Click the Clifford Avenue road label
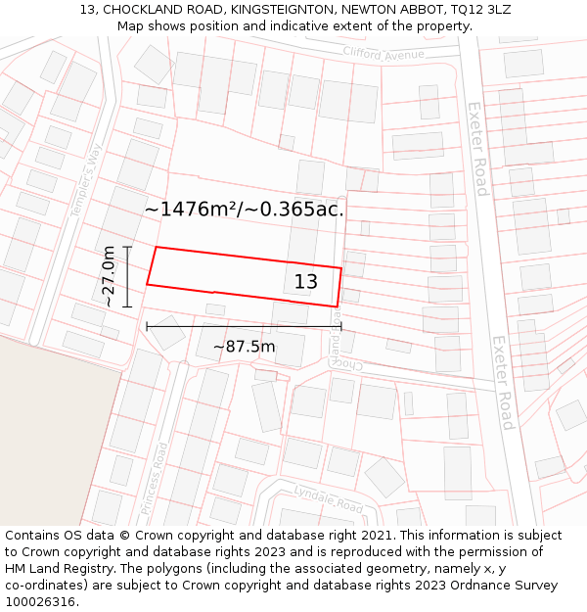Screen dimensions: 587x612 (384, 53)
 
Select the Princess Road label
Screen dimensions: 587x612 (155, 478)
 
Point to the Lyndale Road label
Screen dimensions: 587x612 (328, 500)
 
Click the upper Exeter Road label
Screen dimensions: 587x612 (476, 149)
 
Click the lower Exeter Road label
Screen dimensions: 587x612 (503, 382)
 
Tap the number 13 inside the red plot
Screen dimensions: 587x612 (306, 282)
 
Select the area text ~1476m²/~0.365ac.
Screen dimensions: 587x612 (245, 209)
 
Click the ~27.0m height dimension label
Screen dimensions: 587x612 (109, 277)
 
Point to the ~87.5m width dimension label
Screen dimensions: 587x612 (244, 347)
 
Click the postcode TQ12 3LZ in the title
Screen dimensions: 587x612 (474, 10)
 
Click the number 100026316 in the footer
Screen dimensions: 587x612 (40, 602)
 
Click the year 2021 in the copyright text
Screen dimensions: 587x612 (375, 536)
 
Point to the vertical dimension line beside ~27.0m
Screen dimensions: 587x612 (127, 277)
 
